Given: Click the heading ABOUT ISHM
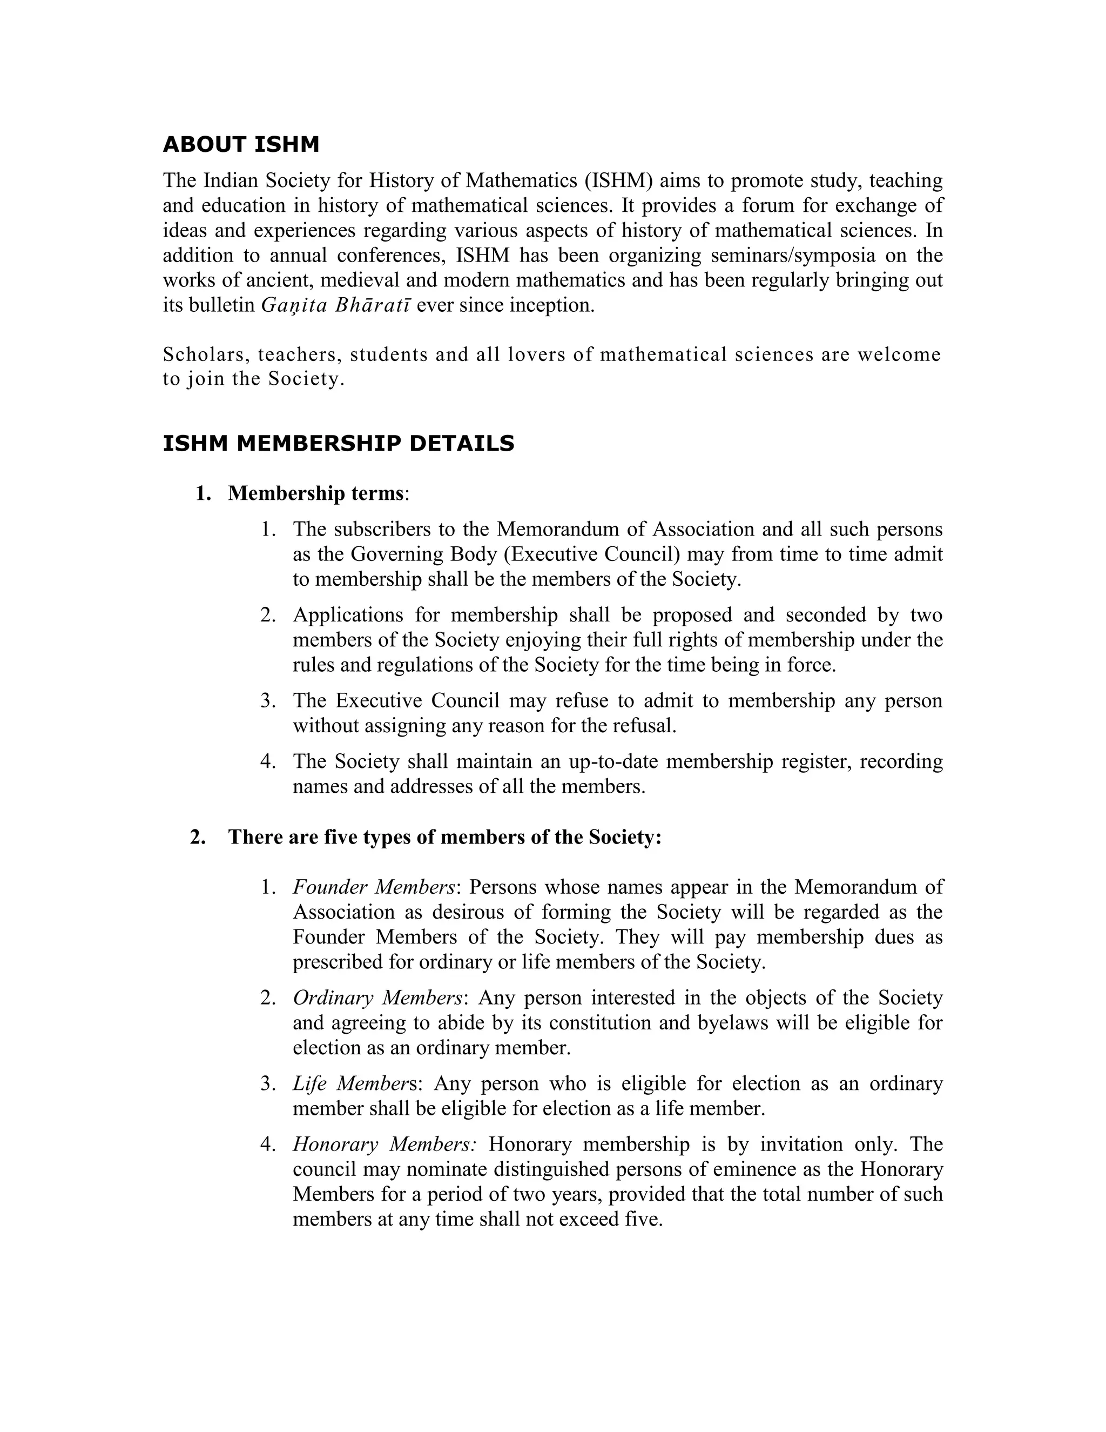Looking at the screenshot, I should click(x=240, y=145).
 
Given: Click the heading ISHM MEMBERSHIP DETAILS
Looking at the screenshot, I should click(x=338, y=444).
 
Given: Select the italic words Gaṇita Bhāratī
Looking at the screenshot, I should click(x=335, y=305).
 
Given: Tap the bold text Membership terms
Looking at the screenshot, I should click(x=315, y=493).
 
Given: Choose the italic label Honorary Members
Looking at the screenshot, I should click(x=384, y=1144).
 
